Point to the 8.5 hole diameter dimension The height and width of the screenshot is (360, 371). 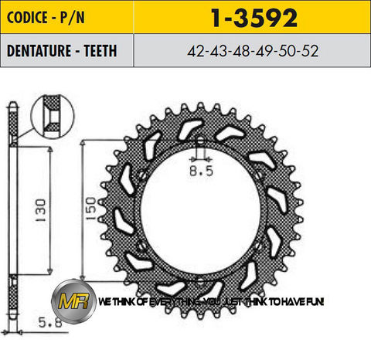coord(199,172)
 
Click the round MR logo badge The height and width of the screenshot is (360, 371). coord(77,301)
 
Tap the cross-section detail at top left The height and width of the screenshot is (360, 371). coord(52,116)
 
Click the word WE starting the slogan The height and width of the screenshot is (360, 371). coord(103,301)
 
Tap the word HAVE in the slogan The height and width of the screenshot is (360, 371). coord(291,301)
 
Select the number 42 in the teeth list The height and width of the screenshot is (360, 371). coord(195,51)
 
